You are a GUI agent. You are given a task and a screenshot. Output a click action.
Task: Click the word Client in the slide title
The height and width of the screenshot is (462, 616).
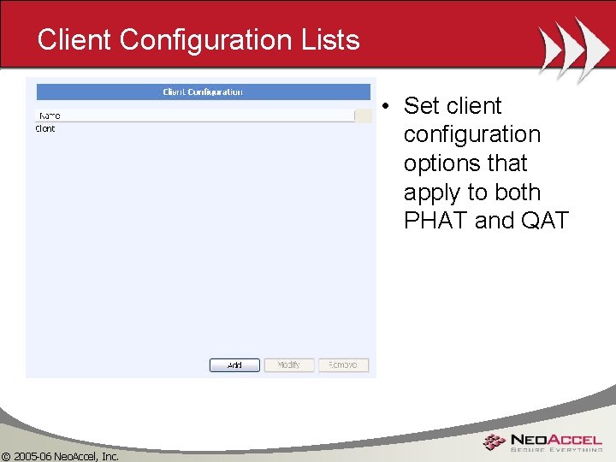pos(74,39)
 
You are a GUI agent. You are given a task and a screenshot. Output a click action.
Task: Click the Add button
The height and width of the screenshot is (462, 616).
pos(234,365)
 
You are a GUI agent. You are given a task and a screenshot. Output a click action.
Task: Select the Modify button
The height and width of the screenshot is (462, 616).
pos(289,365)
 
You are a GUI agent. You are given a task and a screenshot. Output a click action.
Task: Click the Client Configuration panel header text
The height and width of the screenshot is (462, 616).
pos(203,92)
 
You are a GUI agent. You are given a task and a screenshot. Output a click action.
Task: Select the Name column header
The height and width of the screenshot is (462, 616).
pos(49,115)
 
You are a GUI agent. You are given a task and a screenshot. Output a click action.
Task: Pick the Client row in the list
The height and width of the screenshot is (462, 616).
pos(45,129)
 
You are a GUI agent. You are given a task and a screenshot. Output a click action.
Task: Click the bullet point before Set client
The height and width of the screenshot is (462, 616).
pos(387,107)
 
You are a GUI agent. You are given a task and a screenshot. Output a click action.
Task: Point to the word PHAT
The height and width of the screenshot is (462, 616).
pos(435,221)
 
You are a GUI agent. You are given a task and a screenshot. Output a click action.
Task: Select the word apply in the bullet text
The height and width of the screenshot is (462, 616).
pos(435,192)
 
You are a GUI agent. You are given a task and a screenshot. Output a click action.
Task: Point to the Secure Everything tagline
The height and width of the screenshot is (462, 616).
pos(556,449)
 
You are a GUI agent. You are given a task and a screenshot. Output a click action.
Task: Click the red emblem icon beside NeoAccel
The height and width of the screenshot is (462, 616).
pos(494,441)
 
